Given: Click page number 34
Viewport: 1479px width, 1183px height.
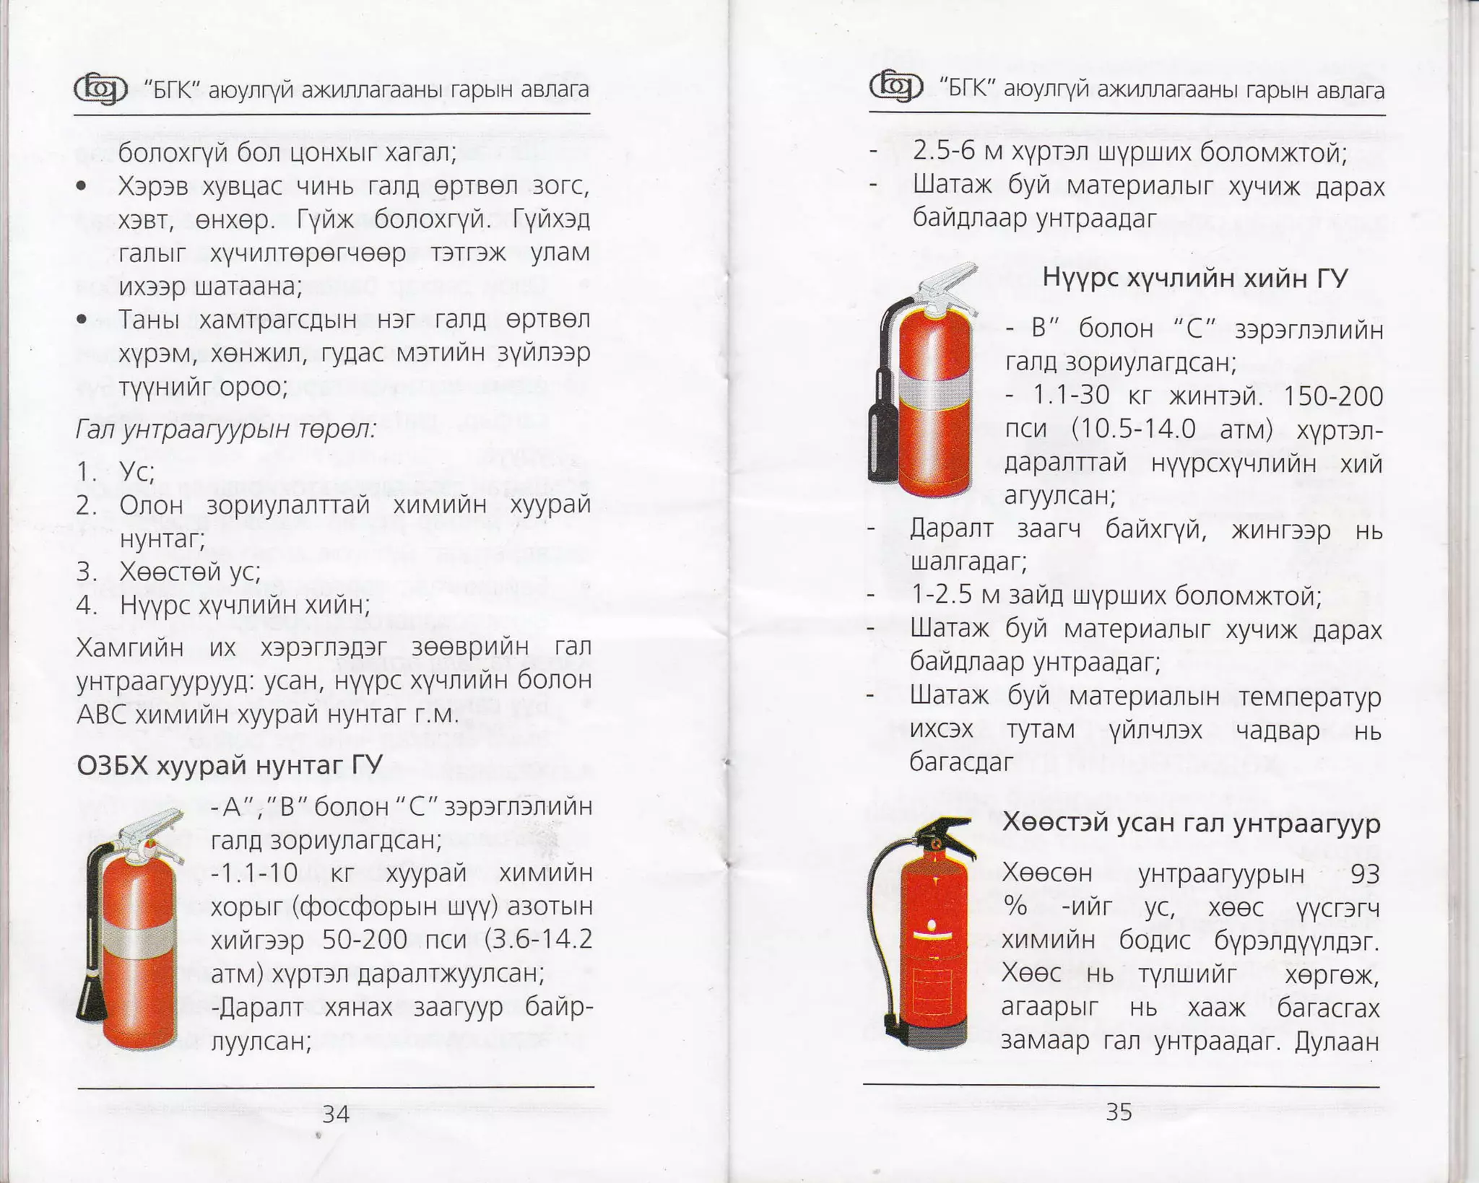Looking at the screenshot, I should (x=336, y=1114).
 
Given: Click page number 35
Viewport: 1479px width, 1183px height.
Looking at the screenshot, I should (x=1119, y=1112).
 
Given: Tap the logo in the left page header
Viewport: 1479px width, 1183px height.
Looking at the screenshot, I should (x=100, y=89).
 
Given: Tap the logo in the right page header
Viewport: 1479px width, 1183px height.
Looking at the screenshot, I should (x=895, y=87).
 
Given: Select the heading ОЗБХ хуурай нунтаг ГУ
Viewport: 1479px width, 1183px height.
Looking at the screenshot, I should (x=230, y=765).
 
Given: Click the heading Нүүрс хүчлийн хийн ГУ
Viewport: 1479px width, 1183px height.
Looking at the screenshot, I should (x=1194, y=278).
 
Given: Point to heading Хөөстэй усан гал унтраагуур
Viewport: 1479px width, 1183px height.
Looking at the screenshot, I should (x=1191, y=824).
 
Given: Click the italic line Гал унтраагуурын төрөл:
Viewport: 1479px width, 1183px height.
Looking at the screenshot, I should (x=226, y=430).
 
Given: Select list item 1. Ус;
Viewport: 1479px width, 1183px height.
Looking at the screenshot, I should (x=116, y=471).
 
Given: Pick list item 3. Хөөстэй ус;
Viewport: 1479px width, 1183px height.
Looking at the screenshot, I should (x=169, y=572).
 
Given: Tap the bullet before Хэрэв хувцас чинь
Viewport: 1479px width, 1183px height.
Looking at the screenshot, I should (x=82, y=186).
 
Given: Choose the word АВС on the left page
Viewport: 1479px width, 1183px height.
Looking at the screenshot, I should (x=103, y=715).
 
